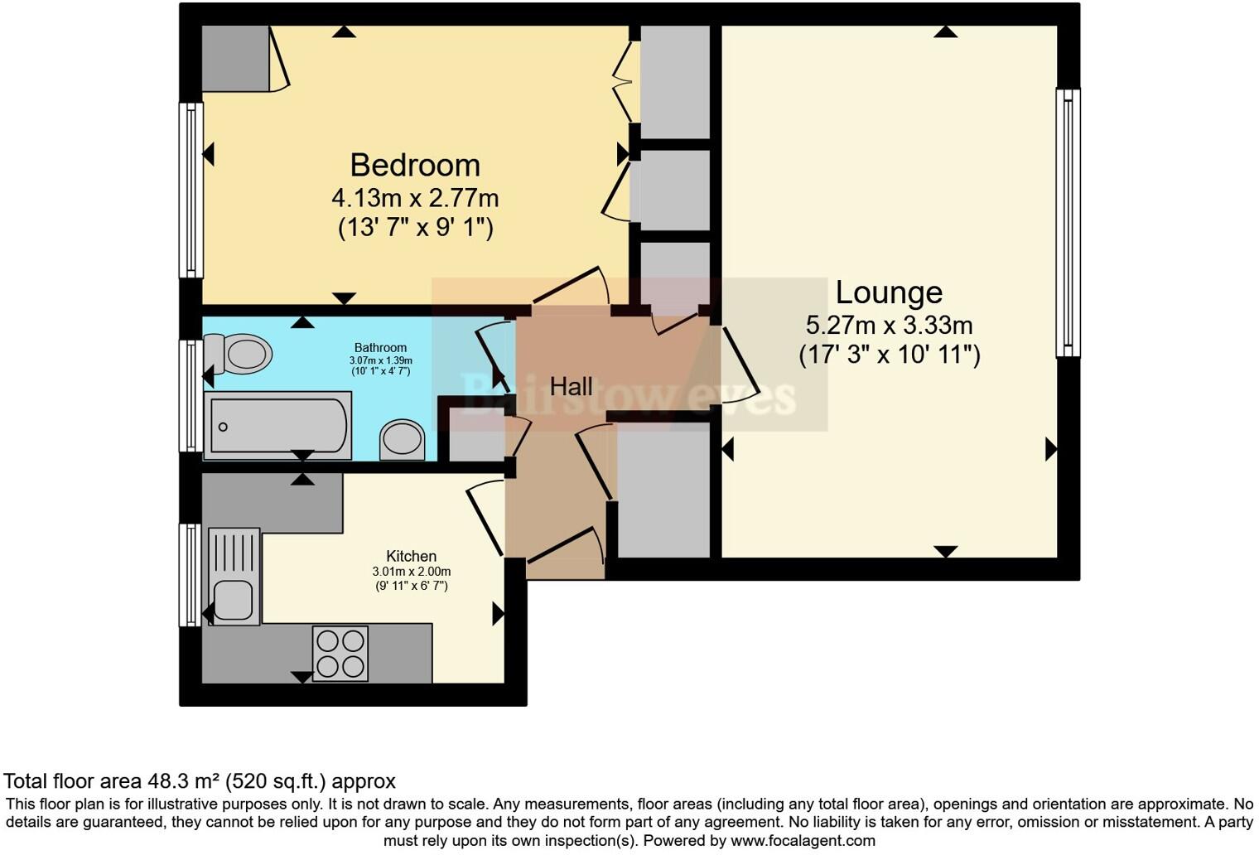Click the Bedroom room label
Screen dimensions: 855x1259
[x=415, y=165]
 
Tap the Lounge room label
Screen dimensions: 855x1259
[x=889, y=292]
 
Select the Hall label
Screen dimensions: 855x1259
[x=572, y=386]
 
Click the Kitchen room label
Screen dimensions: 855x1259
[x=411, y=556]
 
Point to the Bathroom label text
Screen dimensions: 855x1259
[x=380, y=347]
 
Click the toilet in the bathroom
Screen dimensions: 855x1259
[x=239, y=354]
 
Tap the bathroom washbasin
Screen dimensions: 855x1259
[x=402, y=439]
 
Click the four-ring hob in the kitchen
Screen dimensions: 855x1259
[x=340, y=654]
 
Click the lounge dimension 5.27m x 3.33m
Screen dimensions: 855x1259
[x=889, y=325]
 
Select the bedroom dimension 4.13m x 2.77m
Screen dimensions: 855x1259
[x=415, y=198]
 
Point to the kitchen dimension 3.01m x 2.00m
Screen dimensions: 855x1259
[x=411, y=572]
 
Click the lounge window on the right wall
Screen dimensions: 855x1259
[x=1068, y=223]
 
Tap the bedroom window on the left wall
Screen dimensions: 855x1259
[x=191, y=190]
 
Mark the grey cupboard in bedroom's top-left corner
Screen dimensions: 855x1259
[x=236, y=58]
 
